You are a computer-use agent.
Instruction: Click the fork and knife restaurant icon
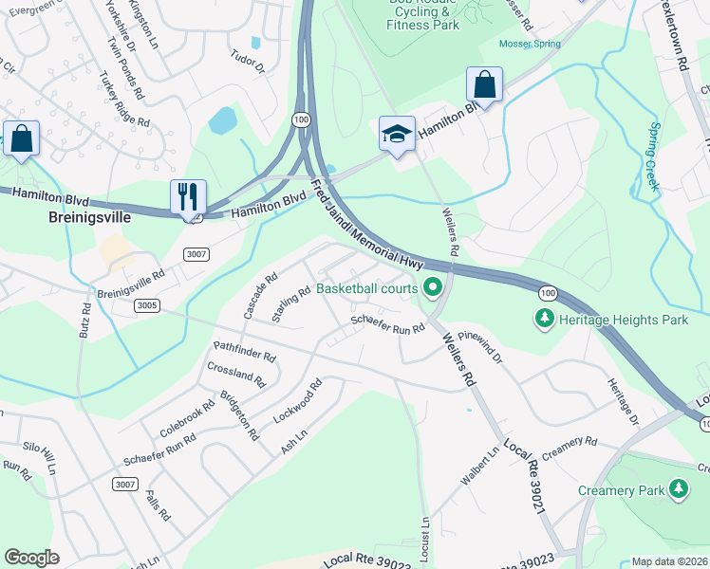188,196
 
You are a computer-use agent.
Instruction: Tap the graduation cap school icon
397,134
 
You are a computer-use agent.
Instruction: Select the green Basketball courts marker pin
434,285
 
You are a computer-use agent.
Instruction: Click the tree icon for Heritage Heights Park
545,320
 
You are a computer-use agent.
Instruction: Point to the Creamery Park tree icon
678,489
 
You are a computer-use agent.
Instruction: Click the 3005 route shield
147,305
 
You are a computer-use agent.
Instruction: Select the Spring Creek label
653,156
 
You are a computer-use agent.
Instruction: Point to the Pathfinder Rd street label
244,352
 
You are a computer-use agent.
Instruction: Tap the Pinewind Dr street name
479,348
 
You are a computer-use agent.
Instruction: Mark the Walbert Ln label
480,468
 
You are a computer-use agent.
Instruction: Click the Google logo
32,558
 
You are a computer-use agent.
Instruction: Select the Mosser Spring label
529,44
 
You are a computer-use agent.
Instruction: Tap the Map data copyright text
669,561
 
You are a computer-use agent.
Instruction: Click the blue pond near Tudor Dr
222,120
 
